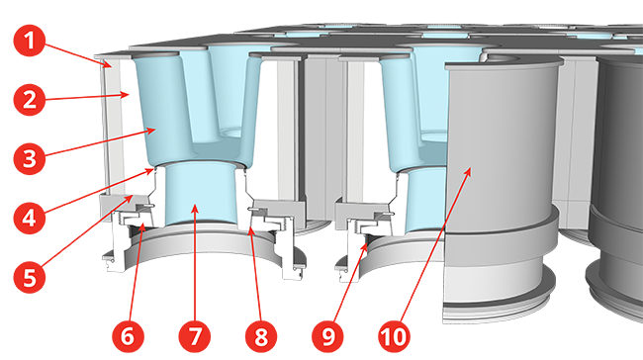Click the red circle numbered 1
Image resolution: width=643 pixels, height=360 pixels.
coord(29,41)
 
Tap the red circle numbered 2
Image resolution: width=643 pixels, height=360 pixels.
coord(29,100)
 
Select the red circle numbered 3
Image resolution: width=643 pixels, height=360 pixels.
coord(29,158)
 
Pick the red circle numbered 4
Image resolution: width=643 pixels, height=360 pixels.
coord(29,219)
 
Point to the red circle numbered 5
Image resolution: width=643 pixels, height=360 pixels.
coord(29,277)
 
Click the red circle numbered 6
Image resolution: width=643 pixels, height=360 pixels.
coord(128,336)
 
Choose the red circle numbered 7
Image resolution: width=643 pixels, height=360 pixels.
coord(195,336)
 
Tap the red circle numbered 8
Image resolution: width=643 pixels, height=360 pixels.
coord(261,336)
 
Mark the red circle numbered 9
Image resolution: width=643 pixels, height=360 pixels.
coord(327,336)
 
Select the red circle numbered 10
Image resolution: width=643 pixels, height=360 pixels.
coord(395,336)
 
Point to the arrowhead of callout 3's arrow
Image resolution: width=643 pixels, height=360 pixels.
coord(156,130)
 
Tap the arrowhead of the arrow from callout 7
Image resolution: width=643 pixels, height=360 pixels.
coord(196,205)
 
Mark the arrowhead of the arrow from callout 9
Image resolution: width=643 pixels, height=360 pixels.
coord(366,242)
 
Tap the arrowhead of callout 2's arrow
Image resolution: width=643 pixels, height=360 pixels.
coord(129,95)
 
